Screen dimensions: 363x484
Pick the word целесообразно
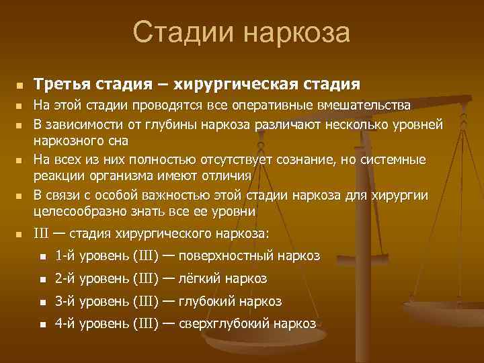point(81,212)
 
